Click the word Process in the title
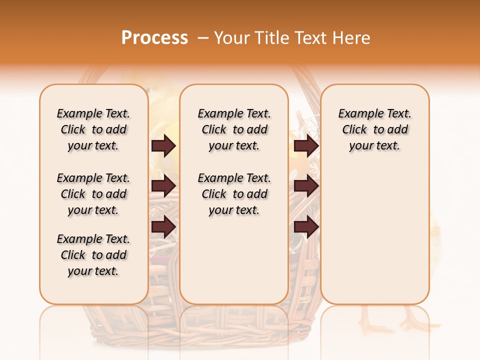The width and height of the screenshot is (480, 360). click(154, 38)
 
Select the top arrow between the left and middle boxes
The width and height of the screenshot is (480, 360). click(163, 146)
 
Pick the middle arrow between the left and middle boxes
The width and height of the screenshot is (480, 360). click(163, 186)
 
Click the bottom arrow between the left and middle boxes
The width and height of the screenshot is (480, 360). click(163, 227)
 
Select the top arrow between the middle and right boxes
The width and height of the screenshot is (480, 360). click(306, 146)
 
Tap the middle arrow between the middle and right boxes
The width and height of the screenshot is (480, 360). click(306, 186)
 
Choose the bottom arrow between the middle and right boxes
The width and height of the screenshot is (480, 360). click(306, 227)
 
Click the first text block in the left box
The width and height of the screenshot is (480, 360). click(93, 129)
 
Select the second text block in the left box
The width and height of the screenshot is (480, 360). click(93, 194)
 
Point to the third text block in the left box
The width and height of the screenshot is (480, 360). click(93, 255)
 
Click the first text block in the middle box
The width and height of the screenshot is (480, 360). click(234, 129)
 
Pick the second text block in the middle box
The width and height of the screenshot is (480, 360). click(234, 194)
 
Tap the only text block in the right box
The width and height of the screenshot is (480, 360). click(375, 129)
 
